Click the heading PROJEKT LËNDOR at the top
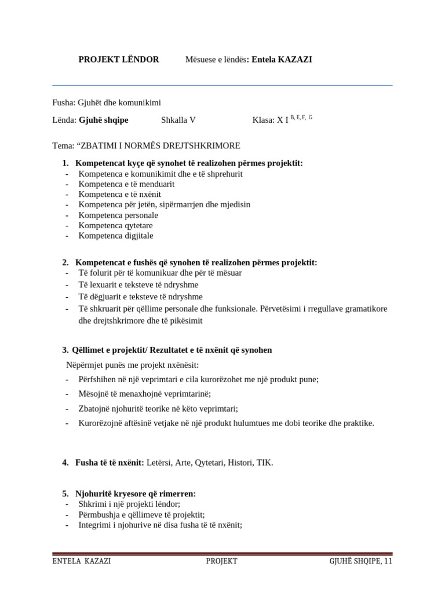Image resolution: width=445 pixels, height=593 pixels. point(119,60)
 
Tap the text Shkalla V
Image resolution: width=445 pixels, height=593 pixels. point(178,120)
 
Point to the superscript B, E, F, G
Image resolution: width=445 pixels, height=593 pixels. point(301,118)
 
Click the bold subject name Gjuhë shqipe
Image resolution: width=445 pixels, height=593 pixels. point(104,120)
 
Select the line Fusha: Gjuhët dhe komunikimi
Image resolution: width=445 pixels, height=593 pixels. point(107,103)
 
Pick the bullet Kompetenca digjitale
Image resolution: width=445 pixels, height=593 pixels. point(116,236)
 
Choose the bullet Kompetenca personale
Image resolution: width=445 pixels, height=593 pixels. point(118,215)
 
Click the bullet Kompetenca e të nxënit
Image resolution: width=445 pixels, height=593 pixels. point(120,194)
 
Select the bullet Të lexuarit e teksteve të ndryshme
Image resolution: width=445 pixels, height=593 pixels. point(138,285)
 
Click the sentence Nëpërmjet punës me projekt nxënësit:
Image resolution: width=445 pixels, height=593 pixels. point(132,365)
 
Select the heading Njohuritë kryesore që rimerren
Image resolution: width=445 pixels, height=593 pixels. point(136,494)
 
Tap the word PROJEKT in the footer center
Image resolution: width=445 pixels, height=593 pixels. point(221,561)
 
